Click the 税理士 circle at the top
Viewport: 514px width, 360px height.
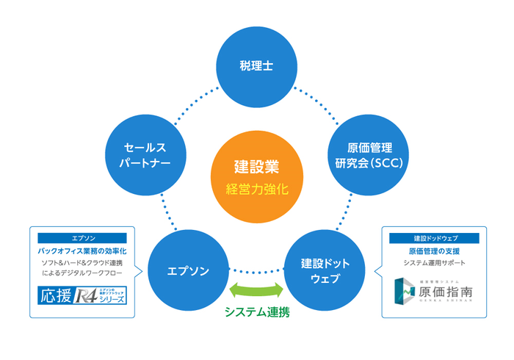[256, 65]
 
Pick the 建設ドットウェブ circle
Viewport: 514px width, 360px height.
[325, 270]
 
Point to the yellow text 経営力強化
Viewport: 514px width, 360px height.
[256, 189]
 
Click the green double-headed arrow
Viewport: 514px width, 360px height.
[256, 287]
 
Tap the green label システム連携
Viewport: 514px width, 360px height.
[256, 312]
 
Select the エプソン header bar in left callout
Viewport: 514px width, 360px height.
[82, 239]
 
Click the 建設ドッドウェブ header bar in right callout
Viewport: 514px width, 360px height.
[432, 239]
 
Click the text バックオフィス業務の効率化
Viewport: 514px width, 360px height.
[82, 251]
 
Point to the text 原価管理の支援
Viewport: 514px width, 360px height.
[432, 251]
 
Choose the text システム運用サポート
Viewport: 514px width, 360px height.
[432, 262]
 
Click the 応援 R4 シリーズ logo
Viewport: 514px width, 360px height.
[82, 295]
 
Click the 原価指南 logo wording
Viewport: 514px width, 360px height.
[444, 291]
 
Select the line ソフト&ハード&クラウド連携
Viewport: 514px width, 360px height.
[82, 262]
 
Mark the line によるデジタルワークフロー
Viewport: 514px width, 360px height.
[82, 273]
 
